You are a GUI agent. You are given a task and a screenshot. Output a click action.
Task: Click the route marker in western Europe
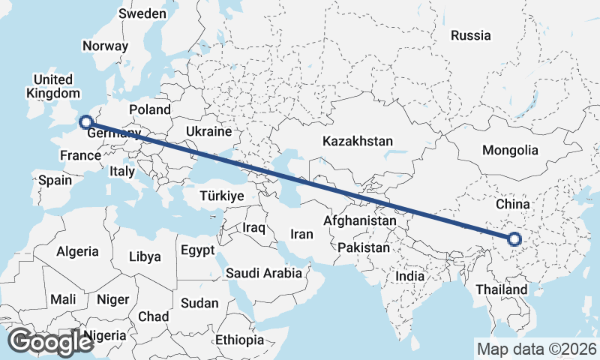(85, 121)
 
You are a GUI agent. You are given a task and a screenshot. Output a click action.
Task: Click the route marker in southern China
(514, 240)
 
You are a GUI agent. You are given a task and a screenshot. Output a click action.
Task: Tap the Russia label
(471, 35)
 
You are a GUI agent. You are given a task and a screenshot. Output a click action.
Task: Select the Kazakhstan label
(358, 141)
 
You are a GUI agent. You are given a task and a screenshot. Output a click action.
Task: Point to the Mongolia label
(510, 150)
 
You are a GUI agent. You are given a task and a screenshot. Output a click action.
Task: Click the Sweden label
(142, 14)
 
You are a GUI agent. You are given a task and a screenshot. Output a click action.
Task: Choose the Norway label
(106, 45)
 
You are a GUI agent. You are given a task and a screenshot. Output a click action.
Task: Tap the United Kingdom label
(52, 86)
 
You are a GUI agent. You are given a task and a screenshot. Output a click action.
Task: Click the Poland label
(150, 109)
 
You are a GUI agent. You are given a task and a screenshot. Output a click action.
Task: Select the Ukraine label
(208, 131)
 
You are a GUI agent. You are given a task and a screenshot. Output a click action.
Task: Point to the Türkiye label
(222, 196)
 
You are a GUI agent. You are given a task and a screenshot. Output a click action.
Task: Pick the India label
(410, 276)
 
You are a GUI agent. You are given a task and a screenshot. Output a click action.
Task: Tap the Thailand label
(501, 289)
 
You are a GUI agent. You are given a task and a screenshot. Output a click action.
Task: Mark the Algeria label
(77, 251)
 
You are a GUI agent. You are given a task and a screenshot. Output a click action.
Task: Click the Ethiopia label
(239, 340)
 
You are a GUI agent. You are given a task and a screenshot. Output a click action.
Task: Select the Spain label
(55, 180)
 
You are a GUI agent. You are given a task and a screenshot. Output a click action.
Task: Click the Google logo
(50, 342)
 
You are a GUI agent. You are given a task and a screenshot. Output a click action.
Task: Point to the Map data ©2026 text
(536, 349)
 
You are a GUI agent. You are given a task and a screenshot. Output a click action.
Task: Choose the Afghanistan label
(359, 221)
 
